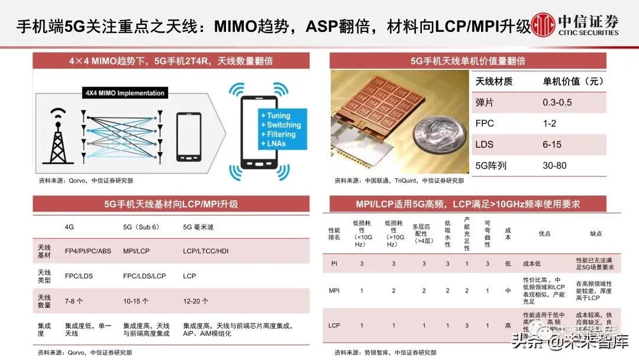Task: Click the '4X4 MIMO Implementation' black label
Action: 124,93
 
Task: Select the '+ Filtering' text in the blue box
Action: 279,134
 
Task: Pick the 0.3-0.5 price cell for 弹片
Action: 557,102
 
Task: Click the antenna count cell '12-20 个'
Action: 196,301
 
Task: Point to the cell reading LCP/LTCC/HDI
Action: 206,251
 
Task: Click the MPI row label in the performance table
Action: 334,291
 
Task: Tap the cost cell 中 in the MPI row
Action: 508,291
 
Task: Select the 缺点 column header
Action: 596,233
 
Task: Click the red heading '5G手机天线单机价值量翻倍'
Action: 467,61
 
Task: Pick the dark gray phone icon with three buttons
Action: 189,137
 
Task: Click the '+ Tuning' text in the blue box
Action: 276,116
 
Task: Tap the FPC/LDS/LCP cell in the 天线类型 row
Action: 144,276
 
